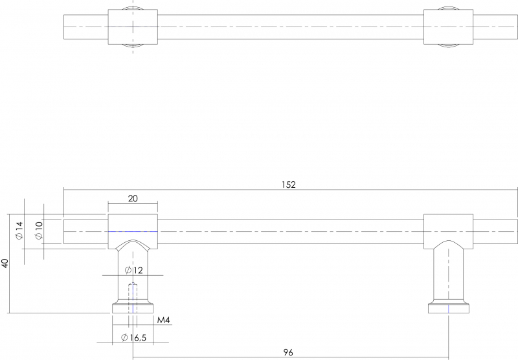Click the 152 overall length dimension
click(288, 185)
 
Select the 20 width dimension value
click(133, 199)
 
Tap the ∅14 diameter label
click(19, 231)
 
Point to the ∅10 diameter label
click(39, 231)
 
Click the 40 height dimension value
click(5, 264)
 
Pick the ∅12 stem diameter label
click(134, 270)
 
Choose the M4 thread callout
click(164, 320)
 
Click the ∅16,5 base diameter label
click(133, 337)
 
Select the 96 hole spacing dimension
click(288, 352)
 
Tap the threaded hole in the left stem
click(133, 297)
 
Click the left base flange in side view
click(133, 307)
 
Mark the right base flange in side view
click(448, 307)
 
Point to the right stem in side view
click(448, 274)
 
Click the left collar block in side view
click(133, 231)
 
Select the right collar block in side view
click(448, 231)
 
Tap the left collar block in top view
click(133, 27)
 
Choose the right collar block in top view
click(448, 27)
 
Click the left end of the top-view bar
click(63, 27)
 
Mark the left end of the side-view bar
click(63, 231)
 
